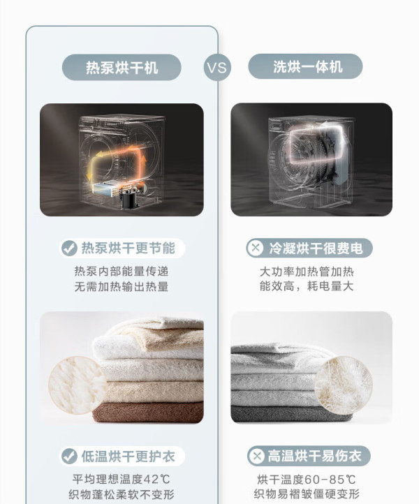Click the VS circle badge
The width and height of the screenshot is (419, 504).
pyautogui.click(x=217, y=68)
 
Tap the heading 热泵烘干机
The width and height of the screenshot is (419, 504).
pyautogui.click(x=122, y=68)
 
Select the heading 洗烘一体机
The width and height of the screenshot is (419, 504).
pyautogui.click(x=307, y=67)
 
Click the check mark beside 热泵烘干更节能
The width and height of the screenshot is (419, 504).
pyautogui.click(x=69, y=248)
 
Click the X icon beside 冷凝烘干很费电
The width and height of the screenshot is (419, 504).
pyautogui.click(x=256, y=248)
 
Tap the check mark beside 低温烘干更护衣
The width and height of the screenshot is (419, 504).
pyautogui.click(x=69, y=456)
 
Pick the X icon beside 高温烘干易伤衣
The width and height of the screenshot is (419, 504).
pyautogui.click(x=256, y=456)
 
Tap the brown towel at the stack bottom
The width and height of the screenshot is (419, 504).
pyautogui.click(x=148, y=413)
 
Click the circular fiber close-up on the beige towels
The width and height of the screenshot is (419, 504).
pyautogui.click(x=78, y=385)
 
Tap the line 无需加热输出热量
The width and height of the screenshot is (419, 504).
pyautogui.click(x=122, y=286)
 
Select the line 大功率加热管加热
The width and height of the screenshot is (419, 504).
pyautogui.click(x=307, y=272)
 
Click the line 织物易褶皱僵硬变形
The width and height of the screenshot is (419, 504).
pyautogui.click(x=307, y=494)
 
